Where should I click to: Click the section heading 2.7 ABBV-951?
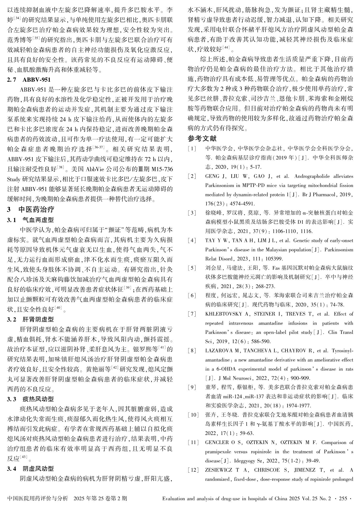[x=29, y=80]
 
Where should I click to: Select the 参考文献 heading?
[x=202, y=138]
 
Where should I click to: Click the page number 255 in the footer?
[x=343, y=498]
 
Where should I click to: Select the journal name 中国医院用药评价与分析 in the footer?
[x=38, y=498]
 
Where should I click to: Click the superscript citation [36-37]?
[x=99, y=148]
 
